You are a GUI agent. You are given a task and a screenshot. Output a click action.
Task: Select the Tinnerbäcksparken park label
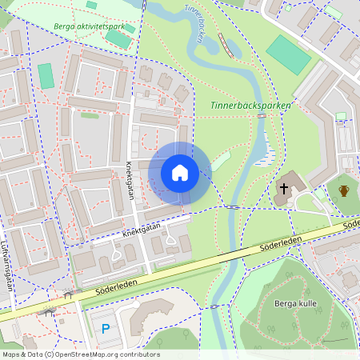(x=250, y=105)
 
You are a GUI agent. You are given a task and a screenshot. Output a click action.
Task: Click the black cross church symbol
(x=283, y=189)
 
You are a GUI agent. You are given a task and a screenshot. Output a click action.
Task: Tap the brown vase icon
(x=344, y=190)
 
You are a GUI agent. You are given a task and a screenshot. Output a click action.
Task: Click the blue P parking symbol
(x=106, y=329)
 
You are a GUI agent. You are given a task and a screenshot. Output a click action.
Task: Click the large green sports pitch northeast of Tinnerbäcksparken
(x=289, y=54)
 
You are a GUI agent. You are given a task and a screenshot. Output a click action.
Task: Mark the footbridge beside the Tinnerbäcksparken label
(x=262, y=117)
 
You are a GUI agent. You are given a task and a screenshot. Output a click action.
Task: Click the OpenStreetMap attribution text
(x=81, y=354)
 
